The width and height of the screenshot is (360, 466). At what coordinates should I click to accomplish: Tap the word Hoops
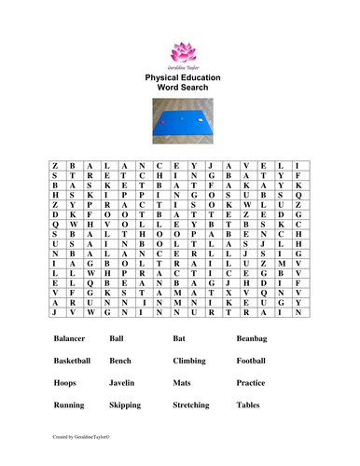[66, 383]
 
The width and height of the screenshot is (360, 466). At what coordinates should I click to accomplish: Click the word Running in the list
[70, 405]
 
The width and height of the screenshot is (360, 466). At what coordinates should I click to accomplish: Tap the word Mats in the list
[182, 383]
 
